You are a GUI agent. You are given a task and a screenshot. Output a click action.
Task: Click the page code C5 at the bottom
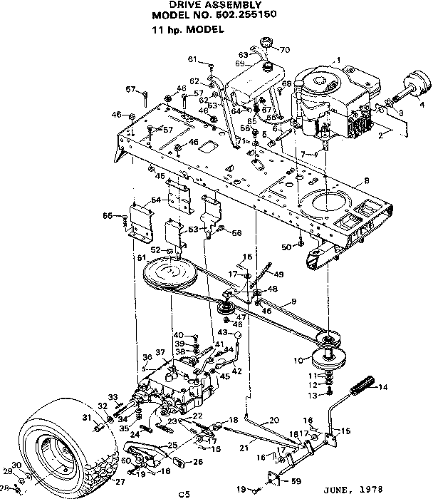[184, 491]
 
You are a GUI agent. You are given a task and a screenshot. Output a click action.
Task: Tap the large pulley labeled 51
[169, 273]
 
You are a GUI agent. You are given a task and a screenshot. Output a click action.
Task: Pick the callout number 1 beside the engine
[339, 61]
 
